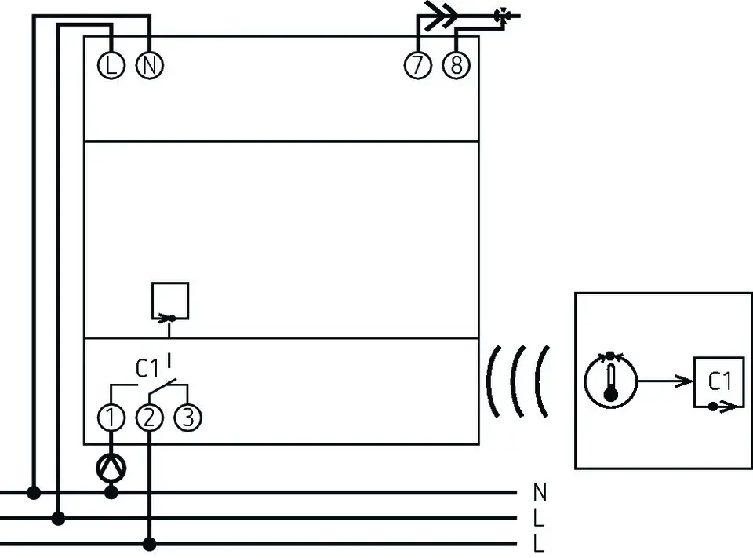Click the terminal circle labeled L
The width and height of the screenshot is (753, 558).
tap(111, 65)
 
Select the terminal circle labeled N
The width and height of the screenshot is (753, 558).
tap(150, 65)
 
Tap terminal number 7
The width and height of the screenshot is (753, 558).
tap(418, 65)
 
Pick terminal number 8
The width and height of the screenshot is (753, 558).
tap(457, 65)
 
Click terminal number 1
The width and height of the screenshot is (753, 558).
tap(111, 418)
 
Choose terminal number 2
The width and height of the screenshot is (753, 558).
tap(150, 418)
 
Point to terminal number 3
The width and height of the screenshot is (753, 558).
tap(187, 418)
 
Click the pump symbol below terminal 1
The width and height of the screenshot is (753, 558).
tap(111, 467)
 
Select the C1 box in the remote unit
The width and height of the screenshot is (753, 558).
tap(719, 382)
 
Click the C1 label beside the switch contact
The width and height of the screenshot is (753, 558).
tap(147, 369)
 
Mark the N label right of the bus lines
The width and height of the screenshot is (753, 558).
tap(540, 492)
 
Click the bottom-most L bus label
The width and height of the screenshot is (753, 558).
tap(539, 543)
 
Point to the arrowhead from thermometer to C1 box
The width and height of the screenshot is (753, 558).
tap(684, 381)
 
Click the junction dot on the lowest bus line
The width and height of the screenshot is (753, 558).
tap(150, 545)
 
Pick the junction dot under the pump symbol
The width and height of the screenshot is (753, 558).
tap(111, 493)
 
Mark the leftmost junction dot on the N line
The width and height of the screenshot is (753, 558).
tap(34, 493)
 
